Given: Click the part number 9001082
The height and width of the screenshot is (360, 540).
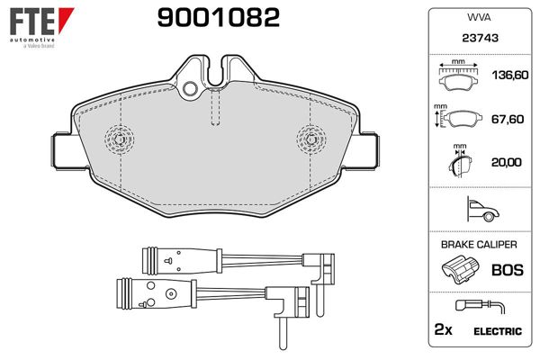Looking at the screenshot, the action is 219,18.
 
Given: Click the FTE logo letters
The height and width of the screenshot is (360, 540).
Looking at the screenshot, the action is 32,21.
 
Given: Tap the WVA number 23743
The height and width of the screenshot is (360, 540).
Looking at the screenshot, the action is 480,38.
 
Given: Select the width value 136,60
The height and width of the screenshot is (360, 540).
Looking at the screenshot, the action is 510,75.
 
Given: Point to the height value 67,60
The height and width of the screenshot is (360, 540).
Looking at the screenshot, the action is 508,119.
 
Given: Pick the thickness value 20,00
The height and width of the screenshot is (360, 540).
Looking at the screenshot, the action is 506,162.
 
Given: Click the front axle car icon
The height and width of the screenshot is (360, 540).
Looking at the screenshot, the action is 482,209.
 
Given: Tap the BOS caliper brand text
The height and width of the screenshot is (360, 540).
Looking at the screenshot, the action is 508,270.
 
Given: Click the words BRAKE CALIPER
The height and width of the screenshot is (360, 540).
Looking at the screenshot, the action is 479,245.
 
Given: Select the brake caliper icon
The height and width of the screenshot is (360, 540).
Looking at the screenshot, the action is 460,269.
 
